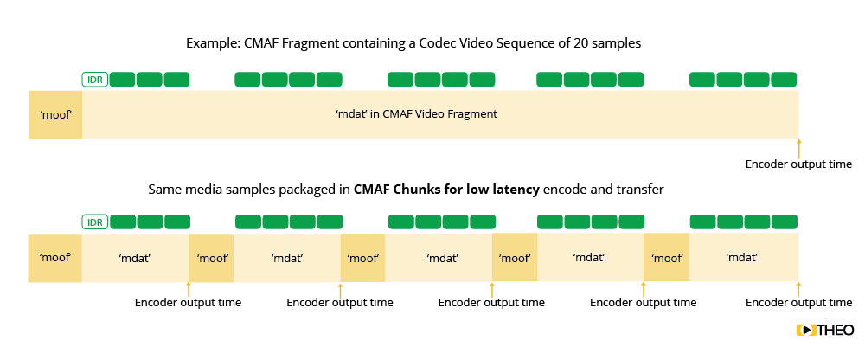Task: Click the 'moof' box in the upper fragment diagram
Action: [55, 114]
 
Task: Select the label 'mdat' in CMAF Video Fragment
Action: [416, 114]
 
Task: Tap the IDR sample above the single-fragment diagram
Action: [94, 80]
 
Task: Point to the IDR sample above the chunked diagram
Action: [94, 222]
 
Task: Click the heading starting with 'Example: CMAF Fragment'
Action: [414, 43]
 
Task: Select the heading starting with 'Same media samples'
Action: [406, 189]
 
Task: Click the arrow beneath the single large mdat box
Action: [798, 147]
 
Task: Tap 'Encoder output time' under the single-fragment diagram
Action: [798, 164]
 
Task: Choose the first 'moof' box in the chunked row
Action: [55, 257]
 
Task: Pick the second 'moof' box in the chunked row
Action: [211, 257]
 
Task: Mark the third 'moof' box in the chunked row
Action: [362, 257]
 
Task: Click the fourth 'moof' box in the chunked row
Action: [515, 257]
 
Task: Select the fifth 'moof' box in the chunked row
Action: [666, 257]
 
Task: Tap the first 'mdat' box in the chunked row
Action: [135, 257]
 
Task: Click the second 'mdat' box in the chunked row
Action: [286, 257]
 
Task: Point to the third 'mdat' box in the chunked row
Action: [439, 257]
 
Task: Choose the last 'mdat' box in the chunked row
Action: [743, 257]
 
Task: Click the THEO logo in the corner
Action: [824, 330]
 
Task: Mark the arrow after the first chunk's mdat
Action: [189, 290]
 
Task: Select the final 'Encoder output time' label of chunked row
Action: [798, 303]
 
